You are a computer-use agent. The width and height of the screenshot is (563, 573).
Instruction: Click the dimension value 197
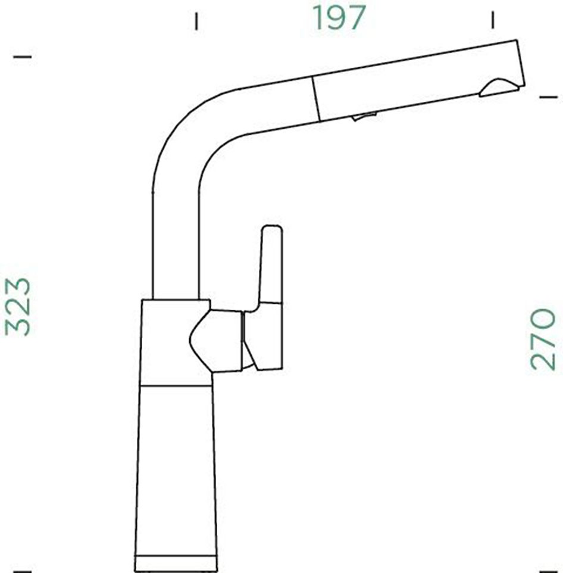click(x=339, y=18)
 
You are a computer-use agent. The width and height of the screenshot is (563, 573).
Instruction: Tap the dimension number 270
click(x=543, y=338)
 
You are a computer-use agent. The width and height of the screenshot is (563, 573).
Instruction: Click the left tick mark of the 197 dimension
click(x=196, y=21)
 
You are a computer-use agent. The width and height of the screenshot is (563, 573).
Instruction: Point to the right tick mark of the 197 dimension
click(x=492, y=20)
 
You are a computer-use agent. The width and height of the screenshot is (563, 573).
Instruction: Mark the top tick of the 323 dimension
click(x=22, y=57)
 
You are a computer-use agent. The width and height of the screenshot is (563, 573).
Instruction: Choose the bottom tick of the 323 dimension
click(x=22, y=569)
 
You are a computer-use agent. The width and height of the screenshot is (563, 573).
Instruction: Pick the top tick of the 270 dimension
click(x=548, y=96)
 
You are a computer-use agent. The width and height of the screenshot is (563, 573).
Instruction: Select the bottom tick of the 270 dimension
click(x=548, y=569)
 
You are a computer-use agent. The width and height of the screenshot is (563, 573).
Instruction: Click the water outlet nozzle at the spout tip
click(x=499, y=88)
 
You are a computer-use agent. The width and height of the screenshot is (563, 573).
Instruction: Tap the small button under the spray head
click(x=364, y=116)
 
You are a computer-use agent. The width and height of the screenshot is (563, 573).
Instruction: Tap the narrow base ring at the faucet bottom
click(x=176, y=561)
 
